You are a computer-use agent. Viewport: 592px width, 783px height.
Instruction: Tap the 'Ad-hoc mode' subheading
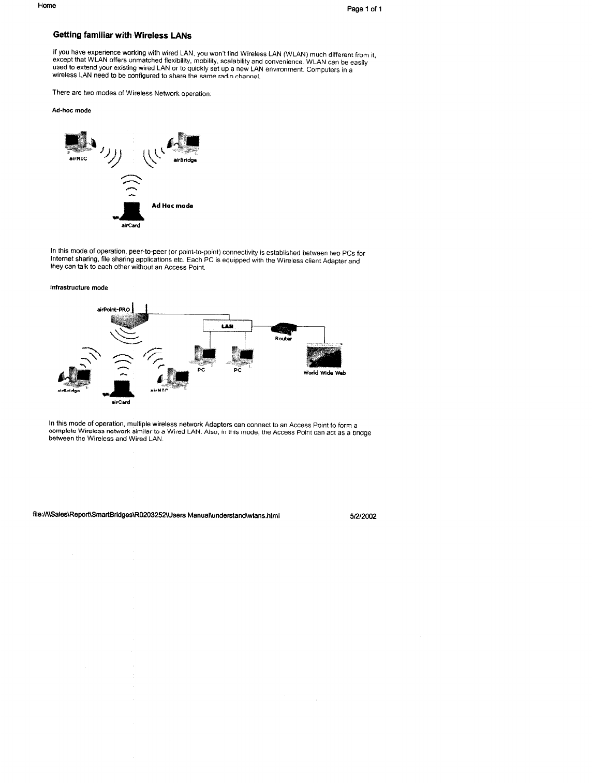point(71,110)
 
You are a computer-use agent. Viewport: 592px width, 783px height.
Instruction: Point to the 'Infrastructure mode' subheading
point(79,287)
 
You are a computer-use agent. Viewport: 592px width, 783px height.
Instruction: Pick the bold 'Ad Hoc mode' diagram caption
point(172,206)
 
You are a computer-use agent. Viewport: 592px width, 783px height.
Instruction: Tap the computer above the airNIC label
point(78,142)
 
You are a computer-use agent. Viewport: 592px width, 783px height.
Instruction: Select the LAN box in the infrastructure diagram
point(226,326)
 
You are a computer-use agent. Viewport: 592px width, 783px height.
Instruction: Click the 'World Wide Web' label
point(324,373)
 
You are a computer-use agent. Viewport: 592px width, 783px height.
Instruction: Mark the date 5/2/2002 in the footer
point(363,516)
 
